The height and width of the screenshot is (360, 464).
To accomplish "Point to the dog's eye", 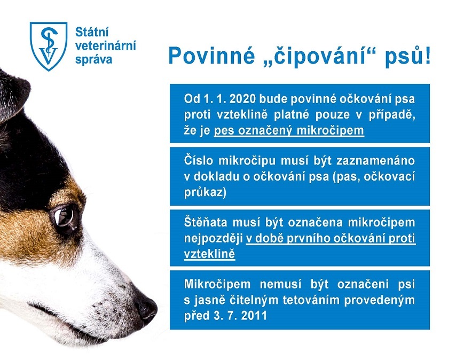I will pyautogui.click(x=65, y=217).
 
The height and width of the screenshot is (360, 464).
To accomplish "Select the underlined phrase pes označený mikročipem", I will pyautogui.click(x=289, y=131).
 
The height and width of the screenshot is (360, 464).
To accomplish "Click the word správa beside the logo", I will pyautogui.click(x=94, y=59).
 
